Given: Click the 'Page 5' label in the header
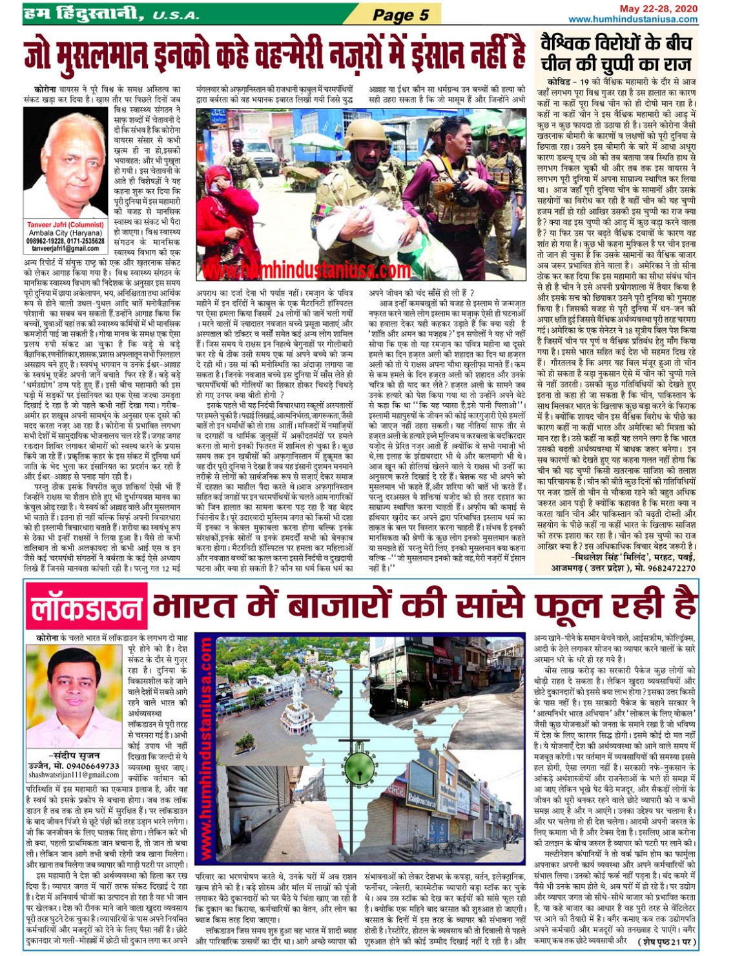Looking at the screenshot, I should tap(400, 14).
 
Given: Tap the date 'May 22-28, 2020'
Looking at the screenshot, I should tap(658, 8).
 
